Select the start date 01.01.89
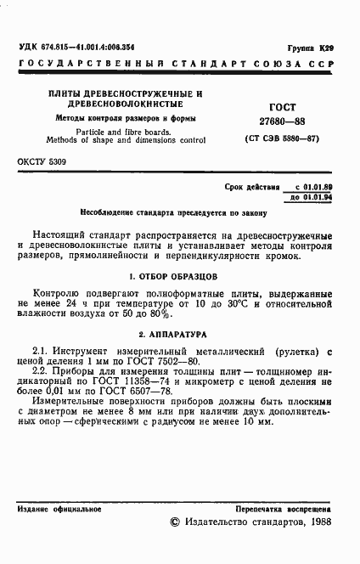[x=316, y=186]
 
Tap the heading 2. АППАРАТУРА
[x=179, y=336]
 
